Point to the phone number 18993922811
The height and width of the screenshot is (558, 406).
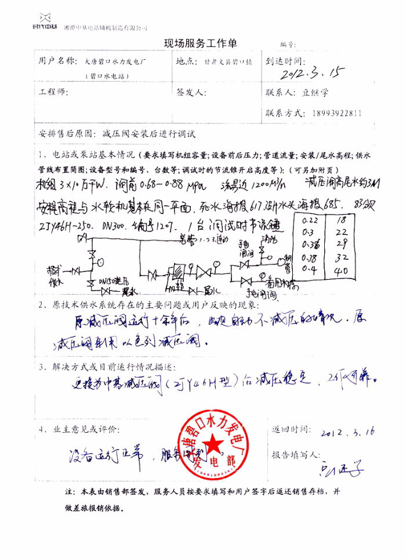[336, 114]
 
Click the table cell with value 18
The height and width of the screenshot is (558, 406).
[343, 219]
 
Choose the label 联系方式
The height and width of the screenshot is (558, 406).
[287, 114]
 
